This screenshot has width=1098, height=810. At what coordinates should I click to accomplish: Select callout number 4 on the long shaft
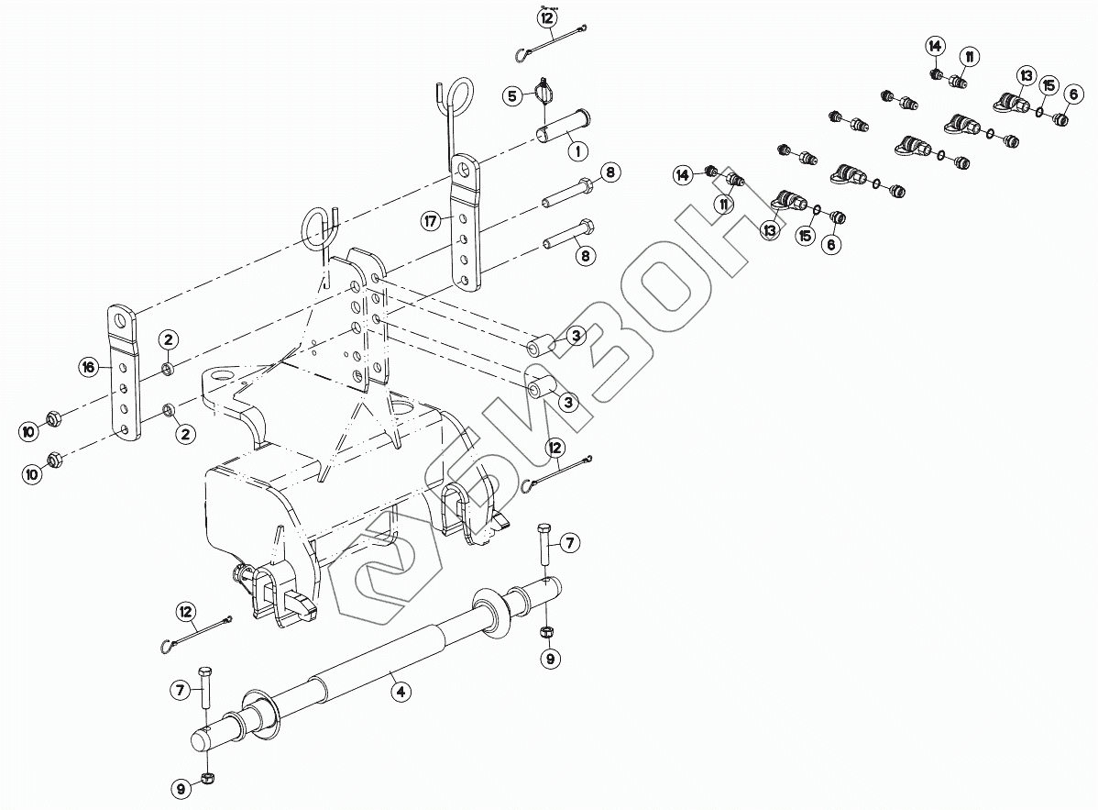tap(401, 693)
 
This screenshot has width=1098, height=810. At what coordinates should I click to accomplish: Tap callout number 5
tap(514, 94)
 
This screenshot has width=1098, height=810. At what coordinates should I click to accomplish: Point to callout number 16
tap(88, 368)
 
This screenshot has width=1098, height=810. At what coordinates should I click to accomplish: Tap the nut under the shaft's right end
tap(548, 632)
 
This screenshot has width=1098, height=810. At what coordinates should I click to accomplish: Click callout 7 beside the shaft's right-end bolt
tap(569, 543)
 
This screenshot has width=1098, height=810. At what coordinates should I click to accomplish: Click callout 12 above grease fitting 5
tap(547, 17)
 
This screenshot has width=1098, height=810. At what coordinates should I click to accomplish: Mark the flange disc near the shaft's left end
tap(263, 717)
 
